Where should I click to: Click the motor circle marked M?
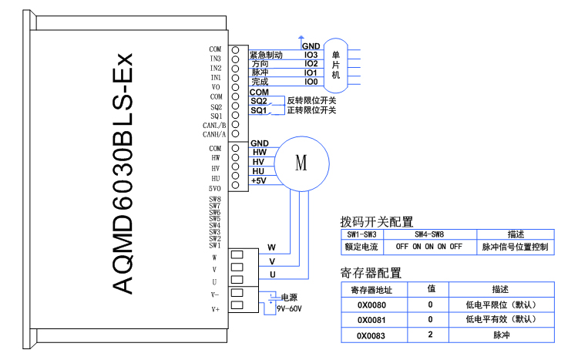[301, 163]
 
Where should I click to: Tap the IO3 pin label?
[311, 55]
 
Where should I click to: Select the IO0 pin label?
[311, 81]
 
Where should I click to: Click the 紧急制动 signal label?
[267, 55]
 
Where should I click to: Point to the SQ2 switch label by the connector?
[258, 101]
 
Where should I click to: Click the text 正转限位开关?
[311, 110]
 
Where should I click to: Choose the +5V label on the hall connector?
[258, 181]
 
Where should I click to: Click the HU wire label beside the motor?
[258, 171]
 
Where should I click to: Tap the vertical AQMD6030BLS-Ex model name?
[123, 173]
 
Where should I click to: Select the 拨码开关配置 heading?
[377, 222]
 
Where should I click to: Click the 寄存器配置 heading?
[371, 273]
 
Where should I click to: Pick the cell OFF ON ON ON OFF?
[429, 247]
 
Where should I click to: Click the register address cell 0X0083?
[371, 335]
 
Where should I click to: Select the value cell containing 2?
[432, 335]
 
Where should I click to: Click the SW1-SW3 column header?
[361, 234]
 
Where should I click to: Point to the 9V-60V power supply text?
[289, 308]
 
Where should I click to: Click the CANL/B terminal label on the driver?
[214, 125]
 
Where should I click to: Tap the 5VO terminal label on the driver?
[215, 188]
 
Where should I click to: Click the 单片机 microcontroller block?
[336, 64]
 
